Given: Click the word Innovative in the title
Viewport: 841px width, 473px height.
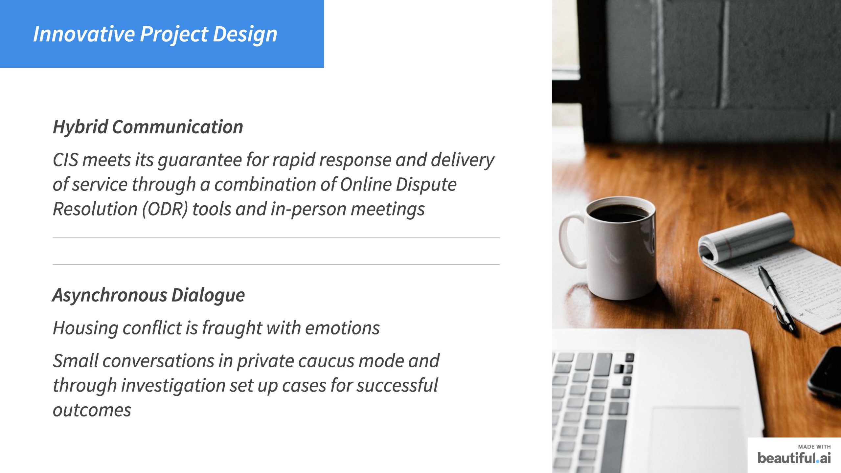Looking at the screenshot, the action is point(84,34).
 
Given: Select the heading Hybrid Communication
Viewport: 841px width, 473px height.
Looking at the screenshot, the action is point(148,127).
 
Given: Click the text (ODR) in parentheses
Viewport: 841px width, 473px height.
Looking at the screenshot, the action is point(165,209).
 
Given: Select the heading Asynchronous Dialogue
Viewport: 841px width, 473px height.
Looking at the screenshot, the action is point(148,295).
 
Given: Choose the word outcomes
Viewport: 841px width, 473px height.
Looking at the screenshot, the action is point(92,410).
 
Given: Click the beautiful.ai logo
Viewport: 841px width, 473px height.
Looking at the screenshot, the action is point(794,458).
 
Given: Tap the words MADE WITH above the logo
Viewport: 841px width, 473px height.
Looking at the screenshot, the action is point(814,447).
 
